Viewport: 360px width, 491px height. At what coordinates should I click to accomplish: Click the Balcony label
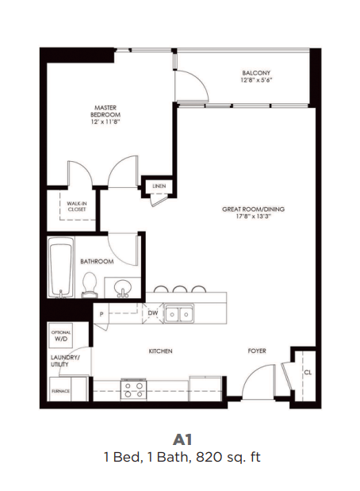257,76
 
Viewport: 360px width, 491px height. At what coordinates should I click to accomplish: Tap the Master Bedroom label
105,111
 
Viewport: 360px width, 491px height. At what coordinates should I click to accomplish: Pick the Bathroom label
97,261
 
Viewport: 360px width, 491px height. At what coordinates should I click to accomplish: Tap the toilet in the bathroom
90,283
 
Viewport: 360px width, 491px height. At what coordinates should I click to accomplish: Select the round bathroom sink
122,286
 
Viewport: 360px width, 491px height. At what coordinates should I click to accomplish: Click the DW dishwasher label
152,313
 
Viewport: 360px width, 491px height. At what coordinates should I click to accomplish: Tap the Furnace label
60,392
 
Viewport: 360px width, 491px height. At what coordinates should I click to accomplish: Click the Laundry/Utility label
65,362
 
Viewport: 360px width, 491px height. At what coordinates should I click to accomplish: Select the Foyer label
256,351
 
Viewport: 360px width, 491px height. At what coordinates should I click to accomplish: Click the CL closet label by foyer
306,371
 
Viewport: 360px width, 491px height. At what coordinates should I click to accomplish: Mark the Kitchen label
160,351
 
